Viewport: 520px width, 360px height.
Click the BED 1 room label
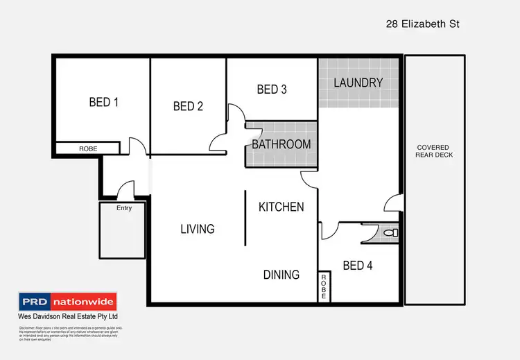104,103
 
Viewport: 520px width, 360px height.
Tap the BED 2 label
188,106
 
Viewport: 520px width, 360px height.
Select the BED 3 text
272,89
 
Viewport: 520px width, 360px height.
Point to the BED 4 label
358,264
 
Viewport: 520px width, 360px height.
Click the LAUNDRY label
358,83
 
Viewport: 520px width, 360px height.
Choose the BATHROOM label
281,144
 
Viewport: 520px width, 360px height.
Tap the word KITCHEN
281,207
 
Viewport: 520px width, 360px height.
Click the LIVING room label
198,228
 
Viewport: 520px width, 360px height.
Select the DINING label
281,275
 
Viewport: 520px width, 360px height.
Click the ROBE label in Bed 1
88,148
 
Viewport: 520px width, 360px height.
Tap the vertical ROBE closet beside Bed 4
323,286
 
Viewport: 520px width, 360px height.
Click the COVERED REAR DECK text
433,151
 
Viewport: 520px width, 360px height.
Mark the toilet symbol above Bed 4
392,232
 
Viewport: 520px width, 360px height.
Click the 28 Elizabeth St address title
423,24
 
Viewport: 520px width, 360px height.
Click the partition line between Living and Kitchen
245,218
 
